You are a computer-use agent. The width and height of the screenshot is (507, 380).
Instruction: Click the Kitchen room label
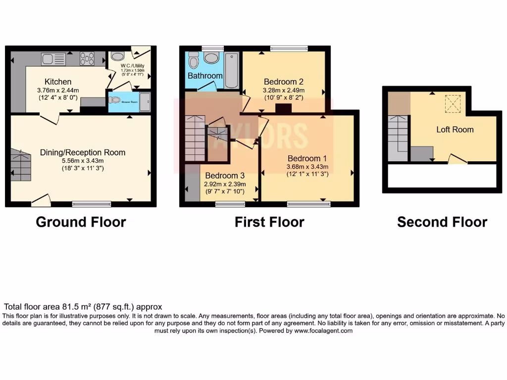click(58, 82)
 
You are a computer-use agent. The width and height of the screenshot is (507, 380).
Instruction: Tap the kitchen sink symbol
click(53, 59)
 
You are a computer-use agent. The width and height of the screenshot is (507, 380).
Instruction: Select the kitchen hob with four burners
click(88, 59)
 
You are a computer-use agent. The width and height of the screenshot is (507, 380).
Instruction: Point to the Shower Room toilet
click(115, 100)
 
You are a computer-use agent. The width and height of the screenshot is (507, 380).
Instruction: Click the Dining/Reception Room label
click(83, 152)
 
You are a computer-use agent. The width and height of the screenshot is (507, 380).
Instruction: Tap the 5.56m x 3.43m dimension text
click(83, 161)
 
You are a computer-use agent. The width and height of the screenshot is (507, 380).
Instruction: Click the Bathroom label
click(205, 76)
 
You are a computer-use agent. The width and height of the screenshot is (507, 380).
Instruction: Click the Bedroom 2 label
click(283, 82)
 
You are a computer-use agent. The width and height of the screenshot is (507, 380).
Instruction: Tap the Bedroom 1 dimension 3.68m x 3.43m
click(307, 167)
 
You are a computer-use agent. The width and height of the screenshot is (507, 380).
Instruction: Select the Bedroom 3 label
click(225, 176)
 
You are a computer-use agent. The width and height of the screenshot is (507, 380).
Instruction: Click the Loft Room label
click(455, 130)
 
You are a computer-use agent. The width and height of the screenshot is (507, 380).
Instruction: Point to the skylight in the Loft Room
click(452, 104)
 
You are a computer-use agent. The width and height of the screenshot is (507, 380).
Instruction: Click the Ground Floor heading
click(81, 222)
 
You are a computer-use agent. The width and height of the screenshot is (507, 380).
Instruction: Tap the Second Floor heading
click(442, 222)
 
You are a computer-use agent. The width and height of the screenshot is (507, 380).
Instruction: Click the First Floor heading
click(269, 222)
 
